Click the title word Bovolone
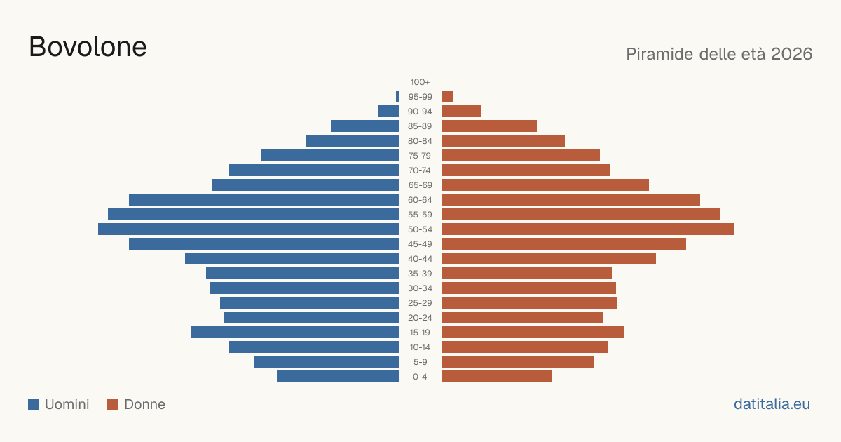point(88,47)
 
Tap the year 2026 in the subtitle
point(791,54)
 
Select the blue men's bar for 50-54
point(249,229)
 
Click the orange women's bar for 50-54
point(588,229)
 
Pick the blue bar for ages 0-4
point(338,377)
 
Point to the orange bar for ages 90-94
point(461,112)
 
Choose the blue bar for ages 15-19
point(295,333)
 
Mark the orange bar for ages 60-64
point(570,199)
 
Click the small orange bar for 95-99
point(448,97)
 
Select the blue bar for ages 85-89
point(365,126)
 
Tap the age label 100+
point(420,82)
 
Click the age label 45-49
point(420,244)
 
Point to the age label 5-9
point(420,362)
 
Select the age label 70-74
point(420,170)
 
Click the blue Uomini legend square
point(34,404)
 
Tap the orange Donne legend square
point(113,404)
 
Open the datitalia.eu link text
point(772,404)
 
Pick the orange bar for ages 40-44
point(549,259)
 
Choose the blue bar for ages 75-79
point(330,156)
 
